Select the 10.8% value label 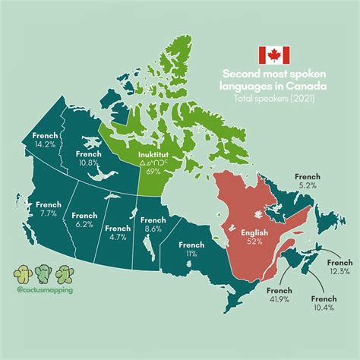coord(89,163)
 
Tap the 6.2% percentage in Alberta coord(84,226)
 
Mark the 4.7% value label coord(118,237)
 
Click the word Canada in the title coord(296,86)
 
